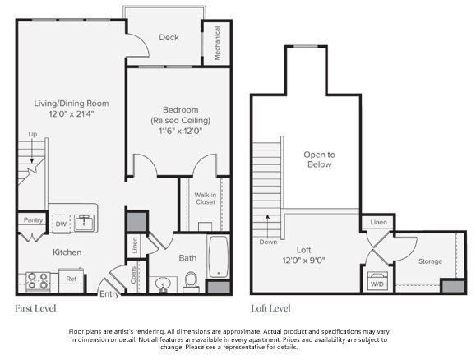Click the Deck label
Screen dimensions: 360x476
[x=169, y=38]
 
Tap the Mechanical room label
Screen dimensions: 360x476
[x=218, y=44]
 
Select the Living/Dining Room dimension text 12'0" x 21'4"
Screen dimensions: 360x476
[x=72, y=114]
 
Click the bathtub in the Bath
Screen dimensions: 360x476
[x=219, y=256]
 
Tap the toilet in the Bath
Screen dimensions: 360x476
[x=191, y=282]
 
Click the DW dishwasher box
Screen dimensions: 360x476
[x=61, y=223]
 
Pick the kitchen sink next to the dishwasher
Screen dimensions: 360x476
[x=83, y=222]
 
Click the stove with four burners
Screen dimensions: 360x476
[x=38, y=282]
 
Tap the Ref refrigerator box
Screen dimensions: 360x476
[x=72, y=279]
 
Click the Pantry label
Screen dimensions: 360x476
[x=33, y=219]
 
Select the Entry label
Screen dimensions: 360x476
[x=109, y=293]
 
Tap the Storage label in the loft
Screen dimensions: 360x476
[x=430, y=261]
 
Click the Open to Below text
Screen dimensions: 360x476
[x=319, y=159]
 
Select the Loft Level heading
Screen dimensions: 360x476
[x=270, y=308]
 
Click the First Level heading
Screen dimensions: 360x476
[x=35, y=308]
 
